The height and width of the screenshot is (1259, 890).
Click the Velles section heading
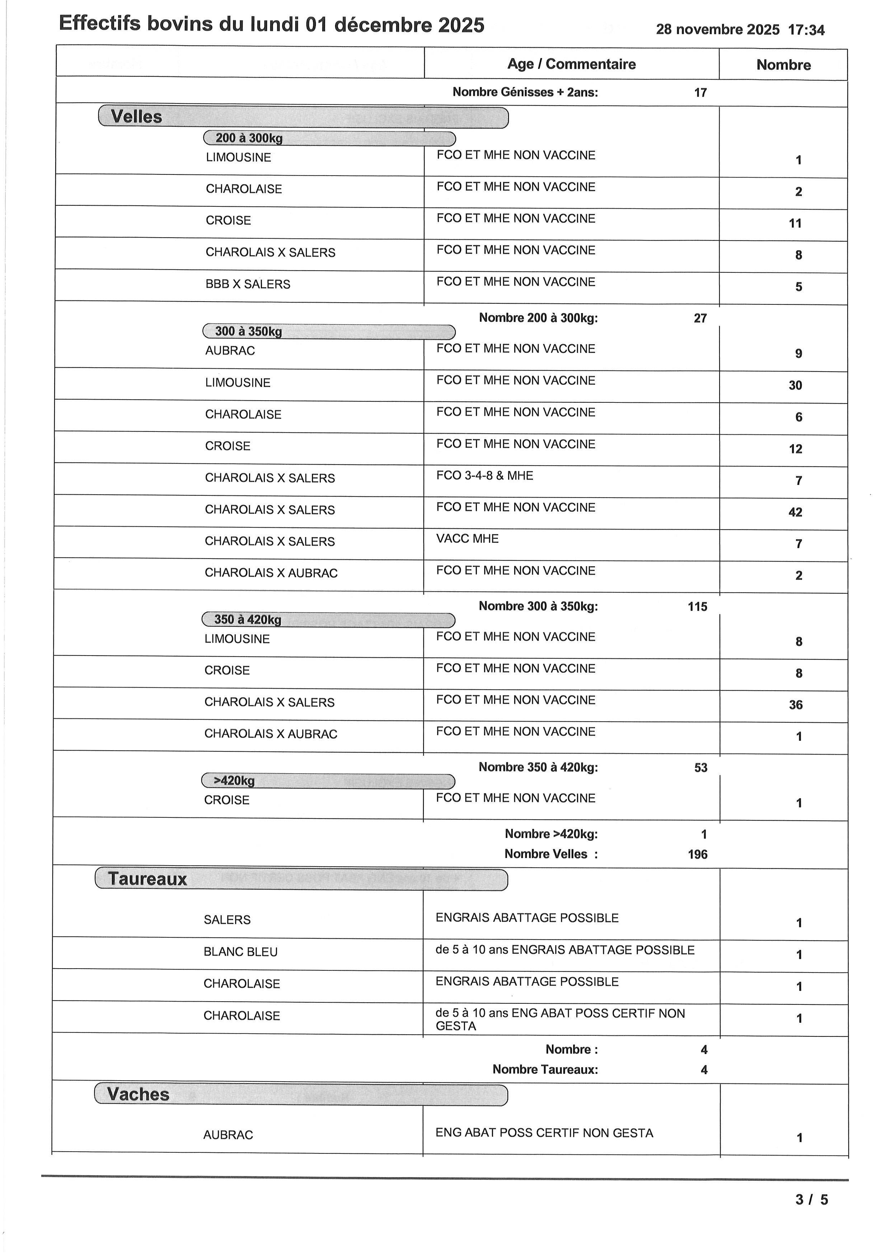tap(136, 117)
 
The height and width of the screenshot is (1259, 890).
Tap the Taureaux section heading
tap(147, 879)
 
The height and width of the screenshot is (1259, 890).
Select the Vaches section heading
tap(138, 1095)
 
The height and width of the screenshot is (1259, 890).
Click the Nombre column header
tap(783, 65)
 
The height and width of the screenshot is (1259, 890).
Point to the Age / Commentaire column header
tap(571, 64)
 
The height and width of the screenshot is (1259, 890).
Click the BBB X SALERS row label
tap(248, 284)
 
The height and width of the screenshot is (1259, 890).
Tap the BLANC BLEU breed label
tap(240, 952)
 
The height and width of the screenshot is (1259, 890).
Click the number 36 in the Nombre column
tap(796, 705)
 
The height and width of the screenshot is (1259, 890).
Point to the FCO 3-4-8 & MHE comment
tap(484, 475)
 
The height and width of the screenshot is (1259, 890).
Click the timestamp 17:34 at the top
tap(806, 30)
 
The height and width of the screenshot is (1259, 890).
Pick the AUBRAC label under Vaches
tap(228, 1135)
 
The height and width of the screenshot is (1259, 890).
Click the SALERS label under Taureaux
tap(227, 920)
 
